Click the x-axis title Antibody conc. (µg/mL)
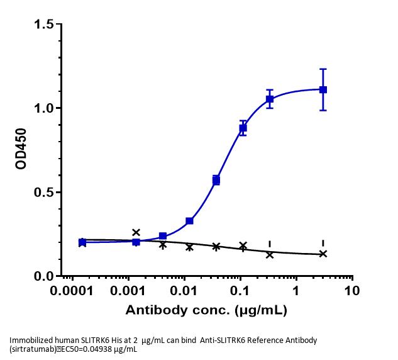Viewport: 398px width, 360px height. click(x=207, y=310)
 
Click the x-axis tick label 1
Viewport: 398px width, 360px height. click(x=296, y=291)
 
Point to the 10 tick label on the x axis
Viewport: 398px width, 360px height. click(x=352, y=291)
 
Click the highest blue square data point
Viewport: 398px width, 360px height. click(x=323, y=89)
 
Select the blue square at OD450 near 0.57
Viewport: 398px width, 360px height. click(x=216, y=181)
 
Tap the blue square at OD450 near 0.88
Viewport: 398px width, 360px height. click(x=243, y=128)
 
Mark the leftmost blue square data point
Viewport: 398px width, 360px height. click(x=82, y=242)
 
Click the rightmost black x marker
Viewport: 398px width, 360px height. click(x=323, y=254)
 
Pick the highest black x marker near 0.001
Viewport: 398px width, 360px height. click(x=136, y=232)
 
